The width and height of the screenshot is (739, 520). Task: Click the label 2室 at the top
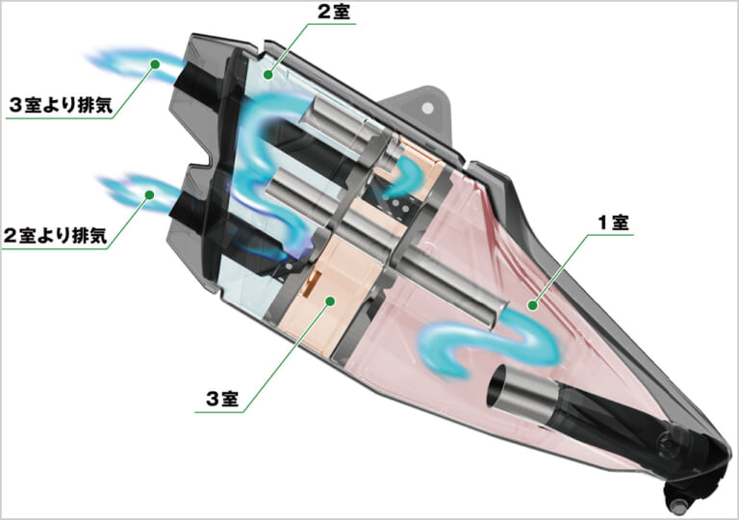click(x=334, y=12)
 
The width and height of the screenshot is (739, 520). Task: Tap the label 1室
click(x=613, y=222)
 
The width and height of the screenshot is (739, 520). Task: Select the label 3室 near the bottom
click(x=222, y=400)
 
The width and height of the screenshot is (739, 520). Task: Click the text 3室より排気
click(x=61, y=105)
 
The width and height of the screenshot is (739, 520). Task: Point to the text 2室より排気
click(x=56, y=235)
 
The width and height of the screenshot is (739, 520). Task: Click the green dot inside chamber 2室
click(x=268, y=74)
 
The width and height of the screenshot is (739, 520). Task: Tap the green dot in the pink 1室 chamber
click(x=532, y=306)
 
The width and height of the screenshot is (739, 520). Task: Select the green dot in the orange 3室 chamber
click(x=330, y=300)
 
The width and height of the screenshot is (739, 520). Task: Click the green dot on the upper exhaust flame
click(x=155, y=64)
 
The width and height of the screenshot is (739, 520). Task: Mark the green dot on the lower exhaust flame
click(x=150, y=194)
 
